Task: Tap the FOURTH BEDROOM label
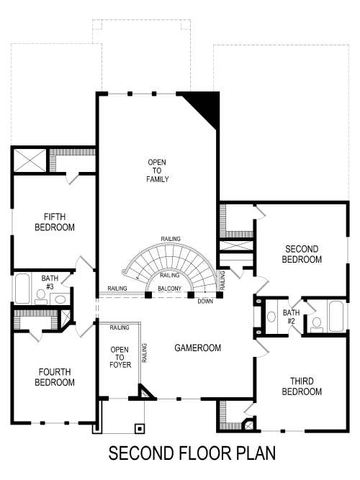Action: click(x=55, y=377)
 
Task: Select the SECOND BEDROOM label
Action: click(x=302, y=254)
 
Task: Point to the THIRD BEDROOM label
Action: click(x=302, y=386)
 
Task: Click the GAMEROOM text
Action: click(x=197, y=348)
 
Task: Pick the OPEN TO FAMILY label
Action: click(x=158, y=171)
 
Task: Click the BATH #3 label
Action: click(x=49, y=282)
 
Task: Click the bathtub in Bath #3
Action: click(x=22, y=289)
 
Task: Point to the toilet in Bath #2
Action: click(x=316, y=322)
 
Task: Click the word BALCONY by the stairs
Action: click(x=170, y=288)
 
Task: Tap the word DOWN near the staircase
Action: click(x=205, y=301)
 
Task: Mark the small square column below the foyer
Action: click(x=139, y=427)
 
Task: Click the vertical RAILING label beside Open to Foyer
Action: click(x=145, y=353)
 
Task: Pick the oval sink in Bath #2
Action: click(x=272, y=316)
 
